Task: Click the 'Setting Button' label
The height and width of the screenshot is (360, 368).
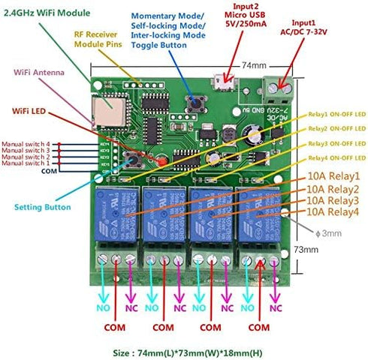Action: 43,207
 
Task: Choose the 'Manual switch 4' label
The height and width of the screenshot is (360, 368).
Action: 26,143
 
